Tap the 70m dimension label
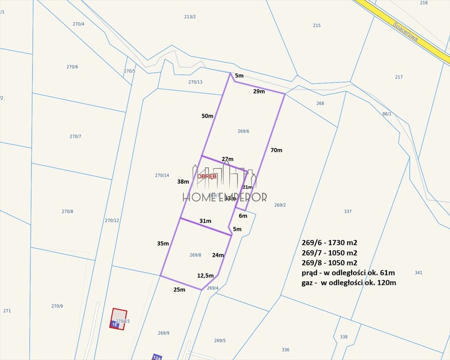pyautogui.click(x=277, y=150)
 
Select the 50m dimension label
pyautogui.click(x=207, y=116)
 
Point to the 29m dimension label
pyautogui.click(x=259, y=91)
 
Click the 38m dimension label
pyautogui.click(x=183, y=181)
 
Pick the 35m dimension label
pyautogui.click(x=163, y=243)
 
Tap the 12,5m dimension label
pyautogui.click(x=205, y=276)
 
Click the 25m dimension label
pyautogui.click(x=179, y=290)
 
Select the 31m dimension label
pyautogui.click(x=205, y=221)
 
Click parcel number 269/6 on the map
pyautogui.click(x=243, y=131)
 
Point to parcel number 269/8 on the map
pyautogui.click(x=195, y=255)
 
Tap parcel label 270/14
pyautogui.click(x=162, y=175)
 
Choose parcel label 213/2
pyautogui.click(x=190, y=17)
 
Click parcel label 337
pyautogui.click(x=347, y=211)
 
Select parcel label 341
pyautogui.click(x=419, y=272)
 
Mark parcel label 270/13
pyautogui.click(x=195, y=82)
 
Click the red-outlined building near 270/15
pyautogui.click(x=119, y=319)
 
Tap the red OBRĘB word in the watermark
pyautogui.click(x=207, y=177)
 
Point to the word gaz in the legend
pyautogui.click(x=308, y=283)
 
